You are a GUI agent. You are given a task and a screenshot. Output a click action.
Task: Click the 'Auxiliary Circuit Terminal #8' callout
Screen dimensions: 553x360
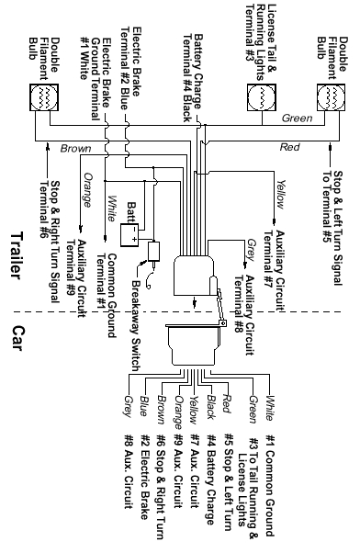245,289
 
